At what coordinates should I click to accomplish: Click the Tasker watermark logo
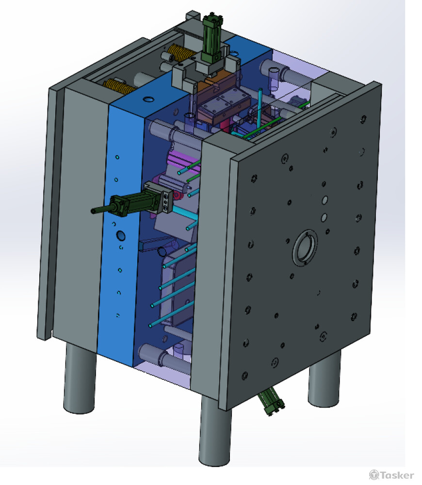click(x=391, y=475)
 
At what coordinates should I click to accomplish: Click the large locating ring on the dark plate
click(x=305, y=248)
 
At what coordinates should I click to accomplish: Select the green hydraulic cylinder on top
click(x=211, y=39)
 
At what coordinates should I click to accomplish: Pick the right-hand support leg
click(x=324, y=379)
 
